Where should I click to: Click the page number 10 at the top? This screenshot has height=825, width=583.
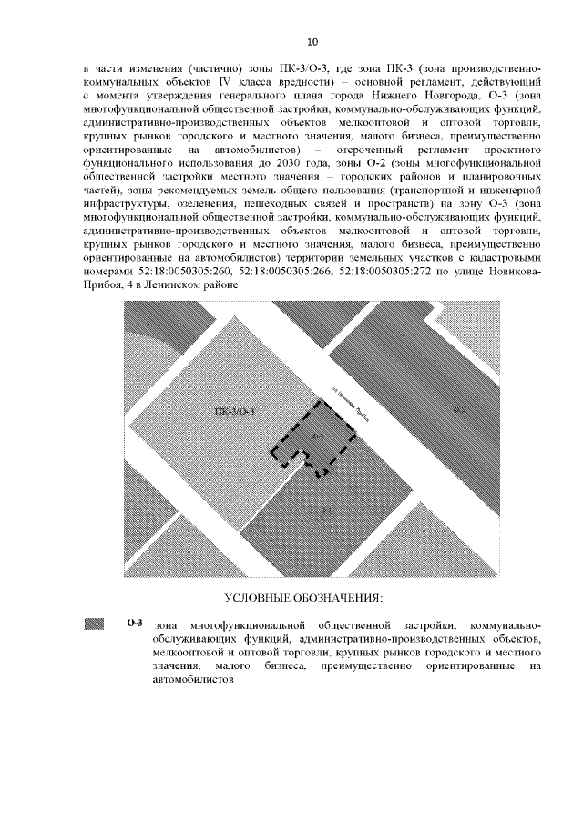coord(312,42)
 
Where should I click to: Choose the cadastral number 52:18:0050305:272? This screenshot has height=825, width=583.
coord(395,272)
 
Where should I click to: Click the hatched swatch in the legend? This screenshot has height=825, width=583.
coord(95,624)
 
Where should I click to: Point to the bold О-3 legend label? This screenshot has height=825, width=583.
coord(134,624)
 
